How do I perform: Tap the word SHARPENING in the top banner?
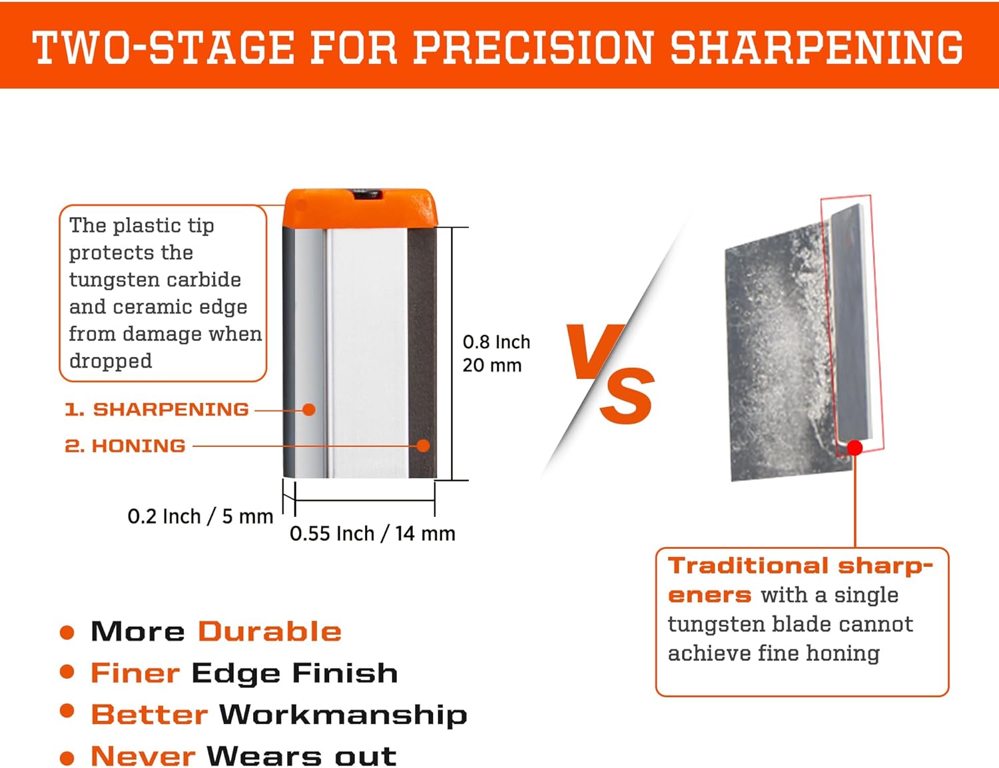click(817, 47)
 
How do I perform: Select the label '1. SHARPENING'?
click(157, 409)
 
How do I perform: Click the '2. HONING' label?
click(125, 446)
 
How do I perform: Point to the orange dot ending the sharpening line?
click(308, 410)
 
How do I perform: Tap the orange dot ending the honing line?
click(423, 446)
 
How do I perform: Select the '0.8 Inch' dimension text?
click(496, 342)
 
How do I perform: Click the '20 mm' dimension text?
click(492, 365)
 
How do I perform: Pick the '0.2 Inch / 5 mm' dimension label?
click(200, 516)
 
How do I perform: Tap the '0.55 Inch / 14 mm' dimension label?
click(372, 534)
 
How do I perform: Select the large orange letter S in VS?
click(627, 396)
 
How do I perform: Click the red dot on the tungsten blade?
click(855, 448)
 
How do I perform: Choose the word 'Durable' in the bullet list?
click(270, 631)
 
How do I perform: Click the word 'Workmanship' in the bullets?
click(343, 715)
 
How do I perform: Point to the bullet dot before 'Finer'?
click(67, 672)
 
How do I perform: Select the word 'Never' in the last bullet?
click(143, 756)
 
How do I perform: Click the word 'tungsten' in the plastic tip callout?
click(109, 280)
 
